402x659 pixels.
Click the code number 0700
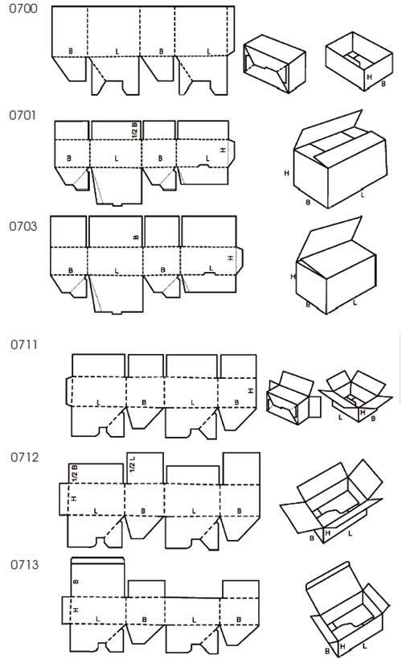(x=23, y=9)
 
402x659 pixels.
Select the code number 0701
(x=23, y=116)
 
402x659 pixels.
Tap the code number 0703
(x=23, y=227)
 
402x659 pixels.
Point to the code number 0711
(x=24, y=345)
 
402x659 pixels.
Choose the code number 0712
(x=24, y=457)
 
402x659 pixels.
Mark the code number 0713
(x=24, y=564)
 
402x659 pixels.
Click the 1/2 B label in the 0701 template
(x=135, y=130)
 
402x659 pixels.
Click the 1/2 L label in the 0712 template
(x=133, y=464)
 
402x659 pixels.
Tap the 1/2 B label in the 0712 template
(x=74, y=474)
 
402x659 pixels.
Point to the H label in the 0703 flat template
(x=230, y=257)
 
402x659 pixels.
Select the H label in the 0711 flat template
(x=251, y=391)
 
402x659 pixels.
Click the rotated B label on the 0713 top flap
(x=76, y=582)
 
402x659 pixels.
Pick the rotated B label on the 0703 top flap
(x=136, y=237)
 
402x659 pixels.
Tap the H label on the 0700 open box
(x=369, y=77)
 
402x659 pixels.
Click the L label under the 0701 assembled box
(x=362, y=195)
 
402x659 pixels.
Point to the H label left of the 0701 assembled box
(x=286, y=173)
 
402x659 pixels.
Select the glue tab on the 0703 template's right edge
(x=240, y=261)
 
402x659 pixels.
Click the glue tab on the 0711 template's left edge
(x=69, y=391)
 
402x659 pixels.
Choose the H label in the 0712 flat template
(x=74, y=498)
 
